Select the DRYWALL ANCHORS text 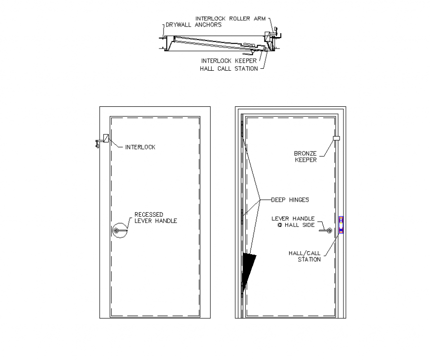point(193,25)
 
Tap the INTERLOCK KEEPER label point(228,61)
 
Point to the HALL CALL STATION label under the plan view point(228,69)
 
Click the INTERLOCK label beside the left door point(140,147)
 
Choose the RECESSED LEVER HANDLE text point(156,218)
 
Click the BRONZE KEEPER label point(305,156)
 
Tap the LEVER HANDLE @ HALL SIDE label point(293,222)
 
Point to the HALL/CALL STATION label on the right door point(304,256)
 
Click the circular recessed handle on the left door point(119,230)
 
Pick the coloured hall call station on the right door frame point(341,225)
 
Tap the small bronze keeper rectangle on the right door point(337,138)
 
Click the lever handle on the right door point(326,230)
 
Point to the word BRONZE point(305,153)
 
